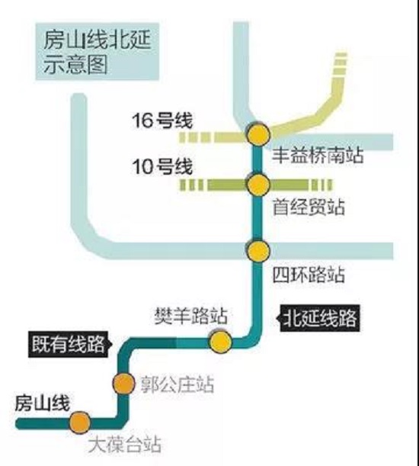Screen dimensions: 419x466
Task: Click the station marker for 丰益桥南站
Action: (x=258, y=134)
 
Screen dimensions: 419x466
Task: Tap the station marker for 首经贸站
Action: (x=258, y=185)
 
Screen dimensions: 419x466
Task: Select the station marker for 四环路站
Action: (x=258, y=251)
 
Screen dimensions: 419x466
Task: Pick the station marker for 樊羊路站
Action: (x=221, y=342)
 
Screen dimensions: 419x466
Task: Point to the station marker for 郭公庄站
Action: (x=123, y=384)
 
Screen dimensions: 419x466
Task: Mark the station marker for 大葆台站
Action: (x=80, y=423)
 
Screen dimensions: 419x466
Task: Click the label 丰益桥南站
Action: (x=318, y=156)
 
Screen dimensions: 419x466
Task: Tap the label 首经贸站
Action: (x=309, y=207)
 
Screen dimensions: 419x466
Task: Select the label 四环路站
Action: (x=309, y=275)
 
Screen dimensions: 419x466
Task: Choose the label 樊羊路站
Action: (x=191, y=316)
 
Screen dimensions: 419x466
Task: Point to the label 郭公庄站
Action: (x=177, y=384)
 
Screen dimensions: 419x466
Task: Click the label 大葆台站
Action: (x=125, y=445)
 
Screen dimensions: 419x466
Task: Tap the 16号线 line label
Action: (x=162, y=121)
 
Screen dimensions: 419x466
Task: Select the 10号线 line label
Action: (x=162, y=166)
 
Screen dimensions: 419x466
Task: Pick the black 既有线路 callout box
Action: (x=70, y=344)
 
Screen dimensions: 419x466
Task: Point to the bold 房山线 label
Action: (x=43, y=403)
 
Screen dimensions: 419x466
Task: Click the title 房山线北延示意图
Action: (x=98, y=52)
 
